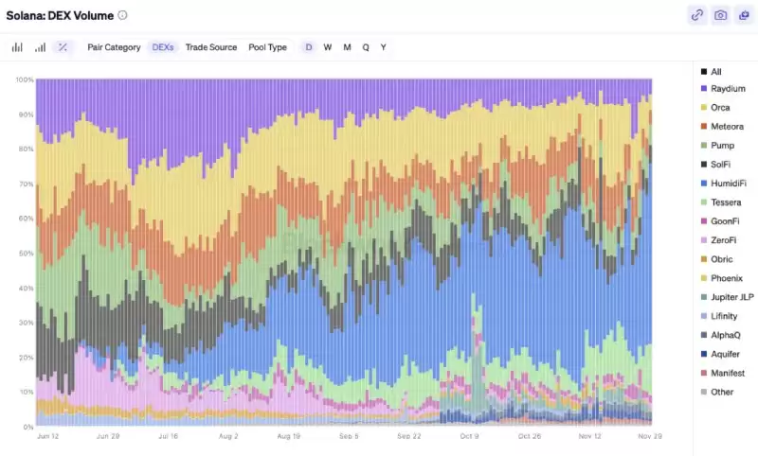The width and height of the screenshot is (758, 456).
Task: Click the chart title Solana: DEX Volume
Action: [x=61, y=15]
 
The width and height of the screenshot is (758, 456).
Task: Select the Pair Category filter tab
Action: [x=114, y=47]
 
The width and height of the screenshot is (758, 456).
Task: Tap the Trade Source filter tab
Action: [x=211, y=47]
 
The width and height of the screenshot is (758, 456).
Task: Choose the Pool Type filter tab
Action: [x=267, y=47]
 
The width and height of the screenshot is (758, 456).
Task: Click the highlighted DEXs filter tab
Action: [x=163, y=47]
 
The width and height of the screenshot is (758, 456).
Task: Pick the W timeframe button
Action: [x=328, y=47]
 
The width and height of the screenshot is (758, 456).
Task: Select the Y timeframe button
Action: [x=384, y=47]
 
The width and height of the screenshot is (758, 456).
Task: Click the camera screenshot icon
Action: [x=721, y=15]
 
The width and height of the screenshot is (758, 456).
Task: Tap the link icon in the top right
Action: [x=697, y=15]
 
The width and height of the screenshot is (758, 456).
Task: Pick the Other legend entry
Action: [x=722, y=392]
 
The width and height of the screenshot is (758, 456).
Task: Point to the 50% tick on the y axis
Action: [x=26, y=254]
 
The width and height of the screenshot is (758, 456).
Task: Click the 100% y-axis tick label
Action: [x=24, y=79]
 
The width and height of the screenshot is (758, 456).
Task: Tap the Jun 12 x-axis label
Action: [x=49, y=437]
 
